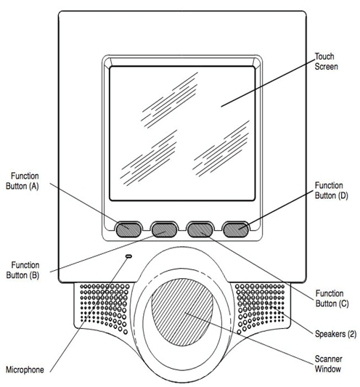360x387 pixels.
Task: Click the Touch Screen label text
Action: tap(326, 62)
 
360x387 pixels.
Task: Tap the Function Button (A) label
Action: tap(22, 181)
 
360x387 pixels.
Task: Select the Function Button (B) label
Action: tap(22, 270)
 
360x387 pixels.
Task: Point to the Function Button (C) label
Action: tap(332, 298)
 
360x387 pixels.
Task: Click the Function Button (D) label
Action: tap(331, 190)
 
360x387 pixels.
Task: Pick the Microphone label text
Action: tap(25, 370)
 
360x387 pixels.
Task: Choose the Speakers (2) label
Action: tap(335, 334)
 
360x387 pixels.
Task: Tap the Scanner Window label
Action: tap(328, 364)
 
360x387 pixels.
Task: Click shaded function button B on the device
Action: tap(164, 229)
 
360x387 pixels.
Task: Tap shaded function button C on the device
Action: tap(200, 229)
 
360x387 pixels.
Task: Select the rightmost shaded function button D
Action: tap(236, 229)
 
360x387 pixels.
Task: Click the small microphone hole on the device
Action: tap(128, 256)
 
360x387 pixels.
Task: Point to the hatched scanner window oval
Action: tap(182, 312)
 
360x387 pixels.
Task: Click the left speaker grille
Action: tap(105, 307)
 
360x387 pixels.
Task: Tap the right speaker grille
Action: tap(261, 307)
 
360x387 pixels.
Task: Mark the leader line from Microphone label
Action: tap(89, 314)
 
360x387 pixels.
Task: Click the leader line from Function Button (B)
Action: tap(108, 252)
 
